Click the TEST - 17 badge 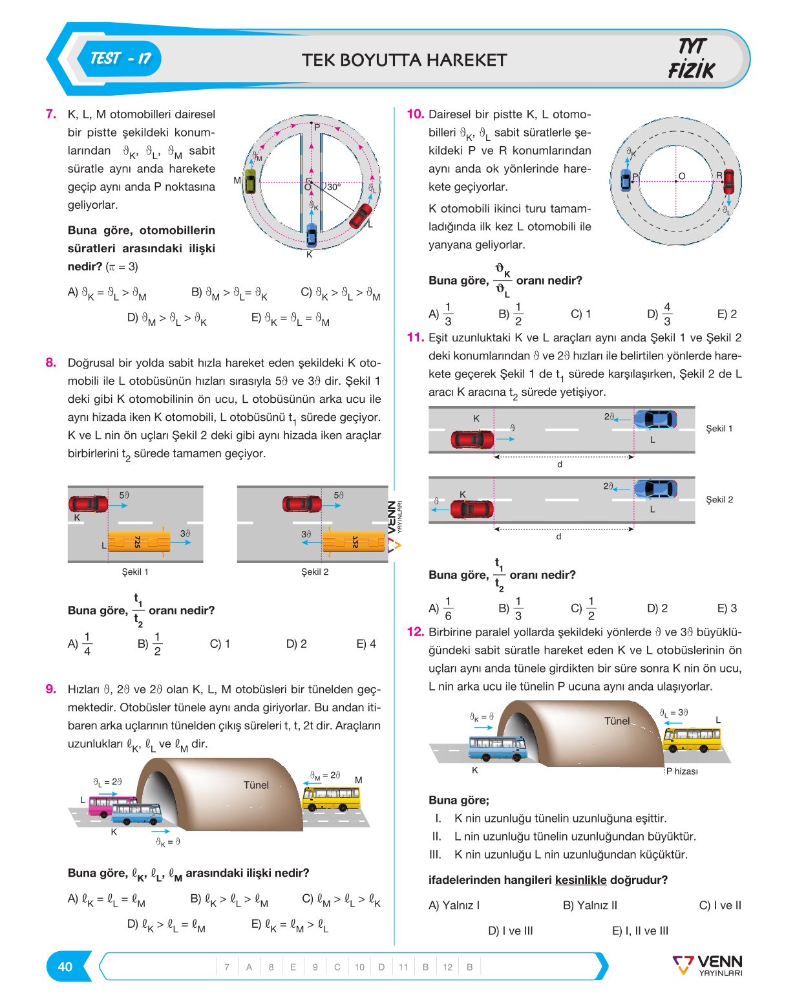pos(119,59)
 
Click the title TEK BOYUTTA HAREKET pos(404,60)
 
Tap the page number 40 pos(65,967)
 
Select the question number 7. pos(50,114)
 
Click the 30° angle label pos(334,186)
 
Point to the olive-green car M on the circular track pos(251,181)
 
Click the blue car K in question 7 pos(311,235)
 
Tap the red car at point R pos(728,181)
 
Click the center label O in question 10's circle pos(681,176)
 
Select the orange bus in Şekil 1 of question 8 pos(139,542)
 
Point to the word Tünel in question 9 pos(256,785)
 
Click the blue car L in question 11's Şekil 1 pos(655,419)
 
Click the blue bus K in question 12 pos(497,747)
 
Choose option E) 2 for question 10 pos(727,314)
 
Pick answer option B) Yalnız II pos(589,905)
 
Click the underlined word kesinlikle pos(580,880)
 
